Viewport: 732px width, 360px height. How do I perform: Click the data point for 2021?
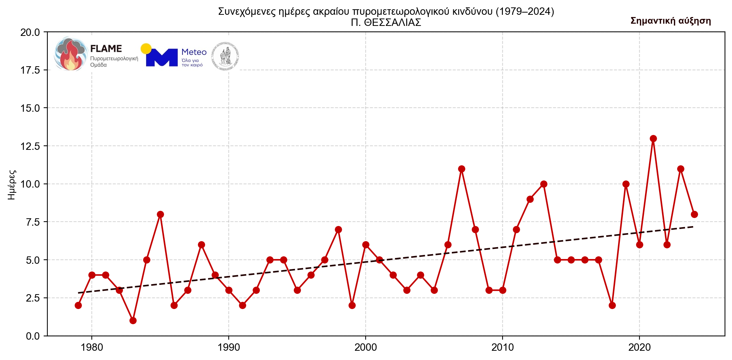pyautogui.click(x=653, y=138)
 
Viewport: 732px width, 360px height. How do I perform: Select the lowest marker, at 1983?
pyautogui.click(x=133, y=320)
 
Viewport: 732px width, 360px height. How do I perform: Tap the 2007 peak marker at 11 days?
pyautogui.click(x=461, y=169)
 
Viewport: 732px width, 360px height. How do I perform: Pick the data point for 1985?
pyautogui.click(x=160, y=214)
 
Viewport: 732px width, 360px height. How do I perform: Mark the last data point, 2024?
pyautogui.click(x=694, y=214)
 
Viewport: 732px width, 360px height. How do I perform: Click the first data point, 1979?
pyautogui.click(x=78, y=305)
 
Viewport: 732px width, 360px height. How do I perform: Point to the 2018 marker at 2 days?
pyautogui.click(x=612, y=305)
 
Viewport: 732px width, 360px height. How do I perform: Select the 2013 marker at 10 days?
pyautogui.click(x=544, y=184)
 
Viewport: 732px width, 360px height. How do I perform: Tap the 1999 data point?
pyautogui.click(x=352, y=305)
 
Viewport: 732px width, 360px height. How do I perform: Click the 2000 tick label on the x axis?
pyautogui.click(x=366, y=347)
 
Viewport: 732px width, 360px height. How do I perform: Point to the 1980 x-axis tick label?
pyautogui.click(x=92, y=347)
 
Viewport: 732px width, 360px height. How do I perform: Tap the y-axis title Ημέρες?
pyautogui.click(x=12, y=185)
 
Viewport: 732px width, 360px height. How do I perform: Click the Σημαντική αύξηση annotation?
pyautogui.click(x=671, y=21)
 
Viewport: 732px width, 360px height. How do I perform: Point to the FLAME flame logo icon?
pyautogui.click(x=70, y=54)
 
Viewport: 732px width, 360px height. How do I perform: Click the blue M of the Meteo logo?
pyautogui.click(x=162, y=57)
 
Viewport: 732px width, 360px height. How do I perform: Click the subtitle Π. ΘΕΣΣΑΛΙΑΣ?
pyautogui.click(x=386, y=23)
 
